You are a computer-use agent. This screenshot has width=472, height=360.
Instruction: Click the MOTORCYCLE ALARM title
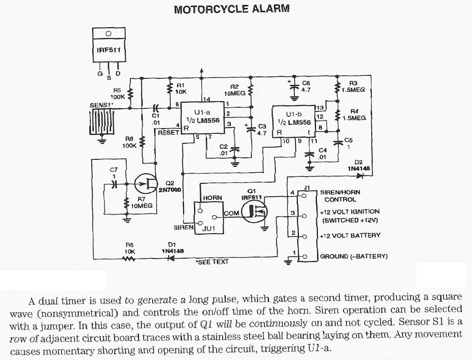tap(232, 9)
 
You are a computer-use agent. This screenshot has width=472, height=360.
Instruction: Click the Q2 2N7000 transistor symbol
tap(148, 184)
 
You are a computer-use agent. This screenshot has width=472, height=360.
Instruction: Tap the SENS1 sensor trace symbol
tap(103, 122)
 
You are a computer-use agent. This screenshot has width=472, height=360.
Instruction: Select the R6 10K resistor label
tap(130, 249)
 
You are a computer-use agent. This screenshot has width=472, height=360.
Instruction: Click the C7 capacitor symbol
tap(114, 184)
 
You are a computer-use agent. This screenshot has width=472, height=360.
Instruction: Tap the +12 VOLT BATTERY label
tap(350, 235)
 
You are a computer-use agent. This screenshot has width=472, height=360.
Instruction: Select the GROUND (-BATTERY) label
tap(354, 256)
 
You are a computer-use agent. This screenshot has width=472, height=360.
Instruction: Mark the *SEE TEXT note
tap(212, 262)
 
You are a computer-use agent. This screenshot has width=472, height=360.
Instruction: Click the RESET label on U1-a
tap(168, 133)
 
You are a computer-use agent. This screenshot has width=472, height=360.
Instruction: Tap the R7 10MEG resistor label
tap(141, 202)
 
